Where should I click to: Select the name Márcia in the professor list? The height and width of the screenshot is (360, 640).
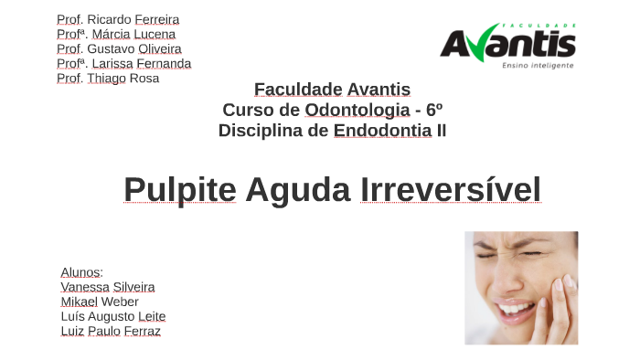pos(112,34)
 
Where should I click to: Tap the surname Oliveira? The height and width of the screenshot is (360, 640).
pos(160,48)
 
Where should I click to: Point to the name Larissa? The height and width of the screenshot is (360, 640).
pos(112,63)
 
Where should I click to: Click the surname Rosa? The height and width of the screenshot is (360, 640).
pos(144,78)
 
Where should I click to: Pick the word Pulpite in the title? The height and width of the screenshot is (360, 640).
pos(179,190)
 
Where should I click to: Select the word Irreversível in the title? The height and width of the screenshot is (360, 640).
pos(450,190)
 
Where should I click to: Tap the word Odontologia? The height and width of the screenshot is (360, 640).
pos(357,110)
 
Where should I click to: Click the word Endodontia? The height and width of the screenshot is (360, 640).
pos(382,131)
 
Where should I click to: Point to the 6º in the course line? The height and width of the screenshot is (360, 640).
pos(434,110)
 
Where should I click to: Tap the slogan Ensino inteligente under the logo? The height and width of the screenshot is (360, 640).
pos(538,66)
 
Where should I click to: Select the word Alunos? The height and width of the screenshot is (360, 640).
pos(80,272)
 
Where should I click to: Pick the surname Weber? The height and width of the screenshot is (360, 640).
pos(120,302)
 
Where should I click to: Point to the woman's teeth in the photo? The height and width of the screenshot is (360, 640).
pos(517,307)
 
